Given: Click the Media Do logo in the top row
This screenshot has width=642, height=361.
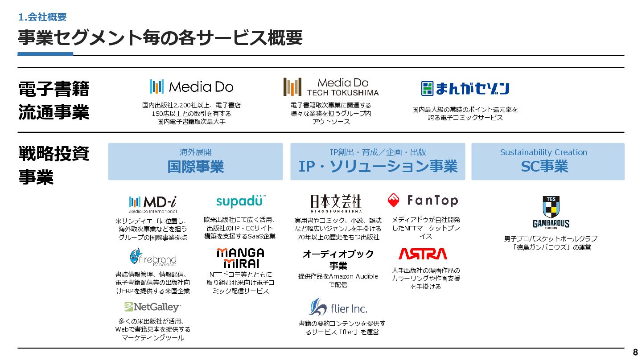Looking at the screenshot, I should [191, 86].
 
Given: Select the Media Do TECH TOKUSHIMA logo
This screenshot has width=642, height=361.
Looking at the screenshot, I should [331, 87].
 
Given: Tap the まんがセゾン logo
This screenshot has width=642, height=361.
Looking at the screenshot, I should [465, 88].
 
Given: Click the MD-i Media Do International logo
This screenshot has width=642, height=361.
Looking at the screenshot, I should [152, 204].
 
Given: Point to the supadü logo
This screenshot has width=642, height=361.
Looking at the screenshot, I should [241, 201].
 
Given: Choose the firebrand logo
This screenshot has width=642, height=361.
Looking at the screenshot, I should [152, 257].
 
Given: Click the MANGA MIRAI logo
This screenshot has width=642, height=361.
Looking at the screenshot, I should [240, 258].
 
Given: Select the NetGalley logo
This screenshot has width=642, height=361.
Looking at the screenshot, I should [152, 307].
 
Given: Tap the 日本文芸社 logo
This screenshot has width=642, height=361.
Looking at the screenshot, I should [336, 203].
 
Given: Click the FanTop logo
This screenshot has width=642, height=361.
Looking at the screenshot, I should [422, 201].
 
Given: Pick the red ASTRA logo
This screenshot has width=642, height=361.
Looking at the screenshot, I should [422, 254].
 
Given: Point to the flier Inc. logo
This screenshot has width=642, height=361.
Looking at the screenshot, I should [338, 307].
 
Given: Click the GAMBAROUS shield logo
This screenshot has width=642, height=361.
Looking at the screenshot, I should [551, 212].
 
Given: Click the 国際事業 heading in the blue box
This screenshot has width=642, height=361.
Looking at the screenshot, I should [195, 167].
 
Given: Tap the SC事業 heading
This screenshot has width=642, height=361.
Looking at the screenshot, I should [544, 167].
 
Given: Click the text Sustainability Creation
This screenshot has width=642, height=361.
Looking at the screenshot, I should [543, 152].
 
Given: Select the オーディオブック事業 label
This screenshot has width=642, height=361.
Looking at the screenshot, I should [338, 260].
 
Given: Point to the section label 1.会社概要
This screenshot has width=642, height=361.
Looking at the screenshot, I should [42, 17].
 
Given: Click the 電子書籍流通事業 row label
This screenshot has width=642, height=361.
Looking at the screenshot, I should [53, 100].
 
